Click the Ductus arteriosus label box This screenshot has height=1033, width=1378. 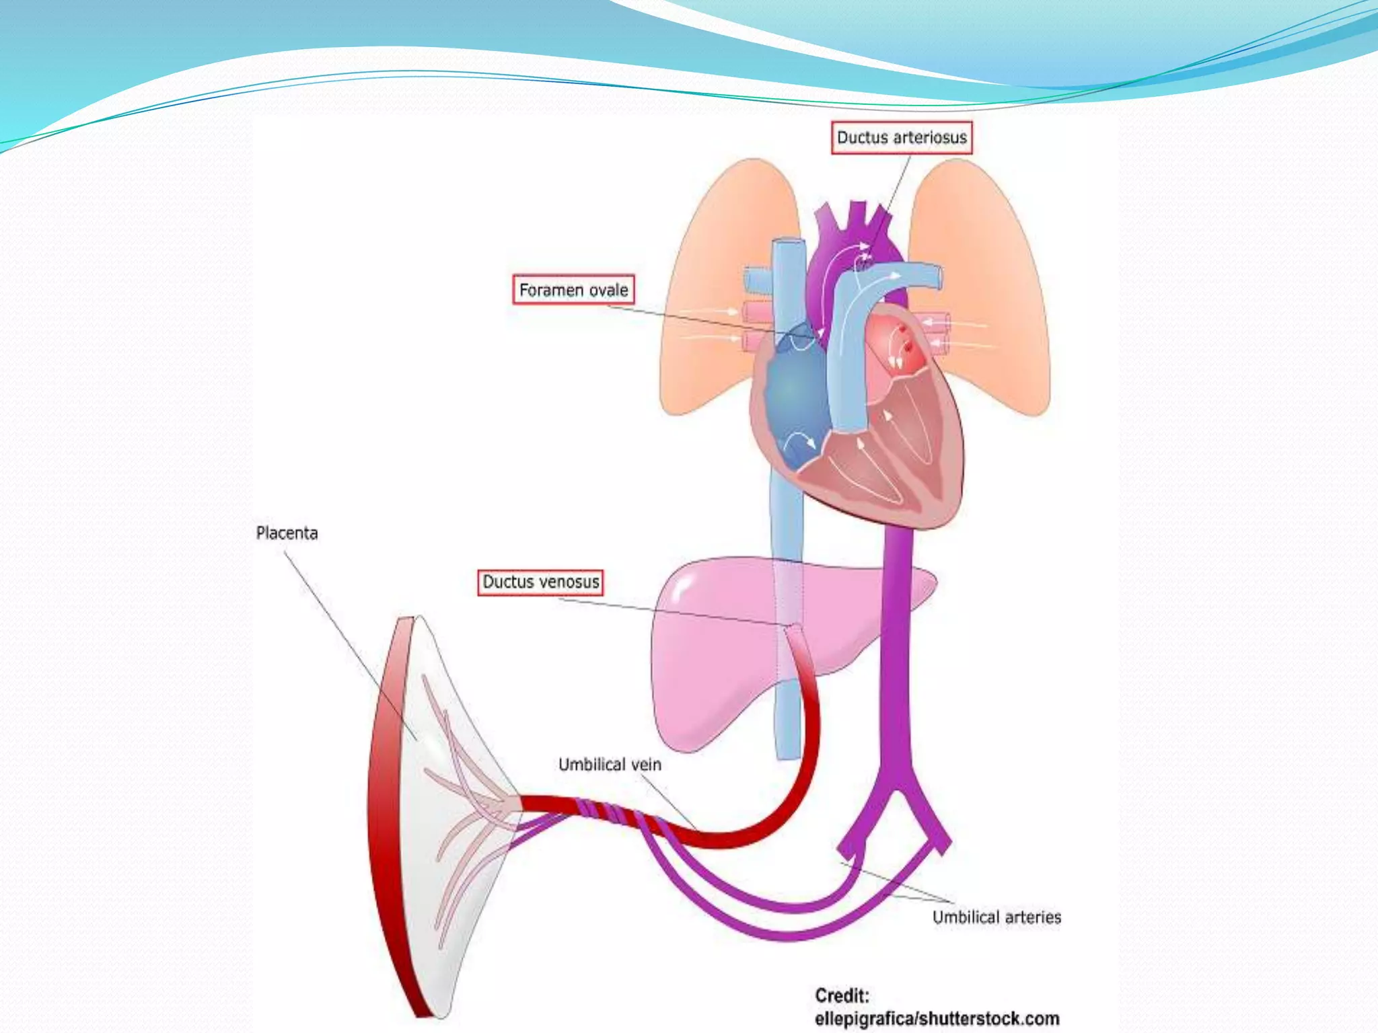point(901,138)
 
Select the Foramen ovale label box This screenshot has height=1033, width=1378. point(573,290)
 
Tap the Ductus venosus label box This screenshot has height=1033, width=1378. point(540,582)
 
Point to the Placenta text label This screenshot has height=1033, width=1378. point(287,533)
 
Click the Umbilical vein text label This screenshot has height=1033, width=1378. point(610,765)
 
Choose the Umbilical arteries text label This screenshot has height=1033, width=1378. point(996,917)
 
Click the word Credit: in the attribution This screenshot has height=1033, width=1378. point(842,996)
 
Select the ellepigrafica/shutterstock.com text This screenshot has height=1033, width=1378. point(937,1019)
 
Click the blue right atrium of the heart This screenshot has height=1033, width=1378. point(794,397)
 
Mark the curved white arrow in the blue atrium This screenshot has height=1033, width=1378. point(801,441)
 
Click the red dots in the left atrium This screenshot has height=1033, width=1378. point(905,340)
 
